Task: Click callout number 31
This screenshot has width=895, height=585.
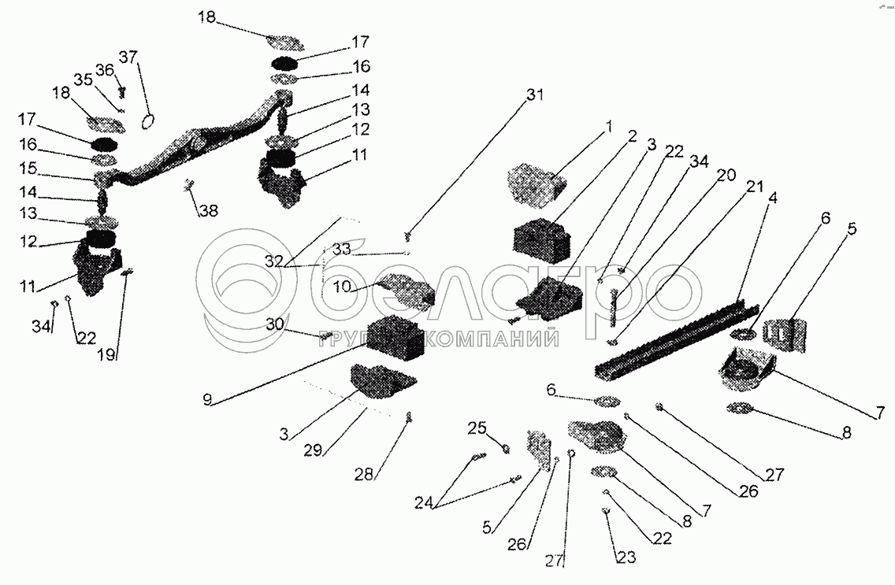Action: [535, 95]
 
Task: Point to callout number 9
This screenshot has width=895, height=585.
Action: [206, 399]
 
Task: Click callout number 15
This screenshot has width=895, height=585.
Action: [28, 168]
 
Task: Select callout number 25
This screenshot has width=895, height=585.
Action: [477, 428]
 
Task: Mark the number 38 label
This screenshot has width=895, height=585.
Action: [209, 211]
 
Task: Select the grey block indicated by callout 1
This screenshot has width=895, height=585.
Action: [535, 180]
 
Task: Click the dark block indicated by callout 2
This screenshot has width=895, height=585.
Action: [543, 237]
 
